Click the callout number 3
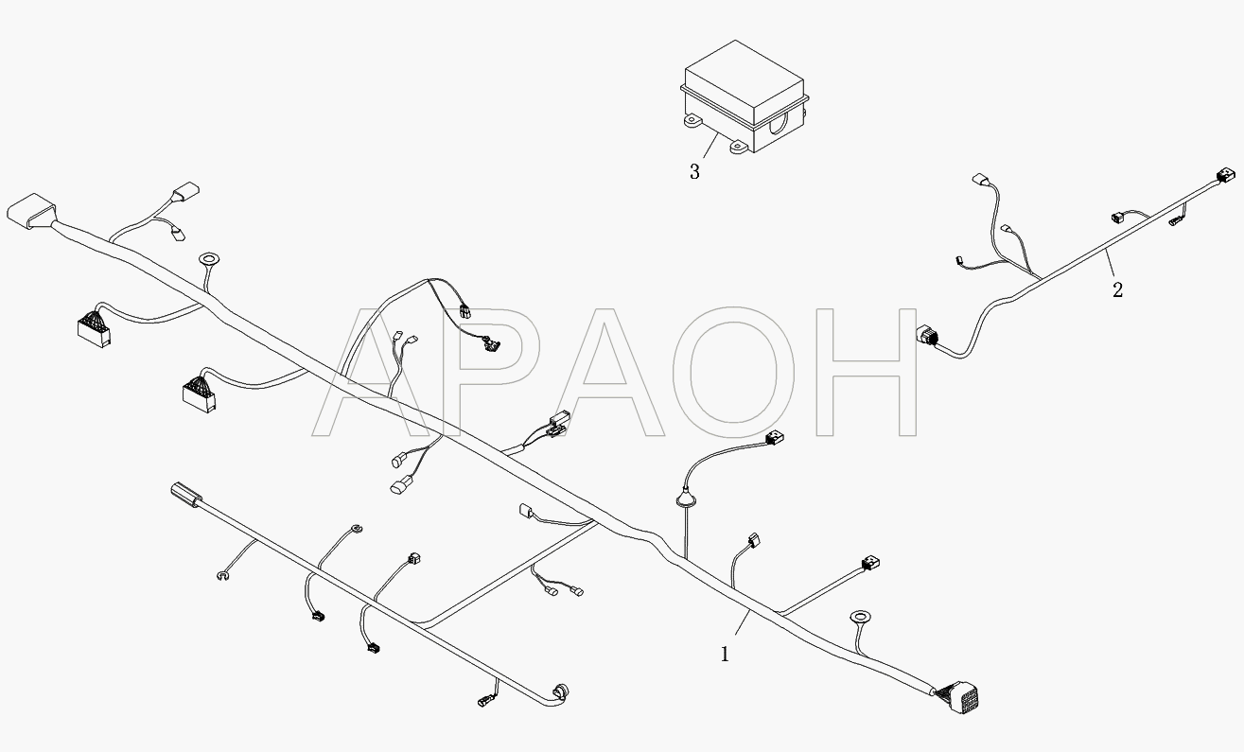(x=694, y=172)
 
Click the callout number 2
(x=1117, y=289)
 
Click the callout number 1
(x=725, y=655)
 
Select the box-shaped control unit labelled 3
(x=745, y=96)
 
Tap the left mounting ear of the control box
(x=694, y=122)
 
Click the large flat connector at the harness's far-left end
(x=31, y=211)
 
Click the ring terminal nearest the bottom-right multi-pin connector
(x=860, y=617)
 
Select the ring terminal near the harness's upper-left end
(x=209, y=259)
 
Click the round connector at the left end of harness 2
(x=926, y=336)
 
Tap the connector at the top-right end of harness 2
(x=1226, y=177)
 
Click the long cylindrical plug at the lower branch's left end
(x=186, y=495)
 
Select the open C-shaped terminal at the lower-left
(x=222, y=576)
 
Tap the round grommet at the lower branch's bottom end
(x=560, y=692)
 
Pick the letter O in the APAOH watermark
(x=733, y=372)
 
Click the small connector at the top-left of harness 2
(x=981, y=180)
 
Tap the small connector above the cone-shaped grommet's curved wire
(x=774, y=438)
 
